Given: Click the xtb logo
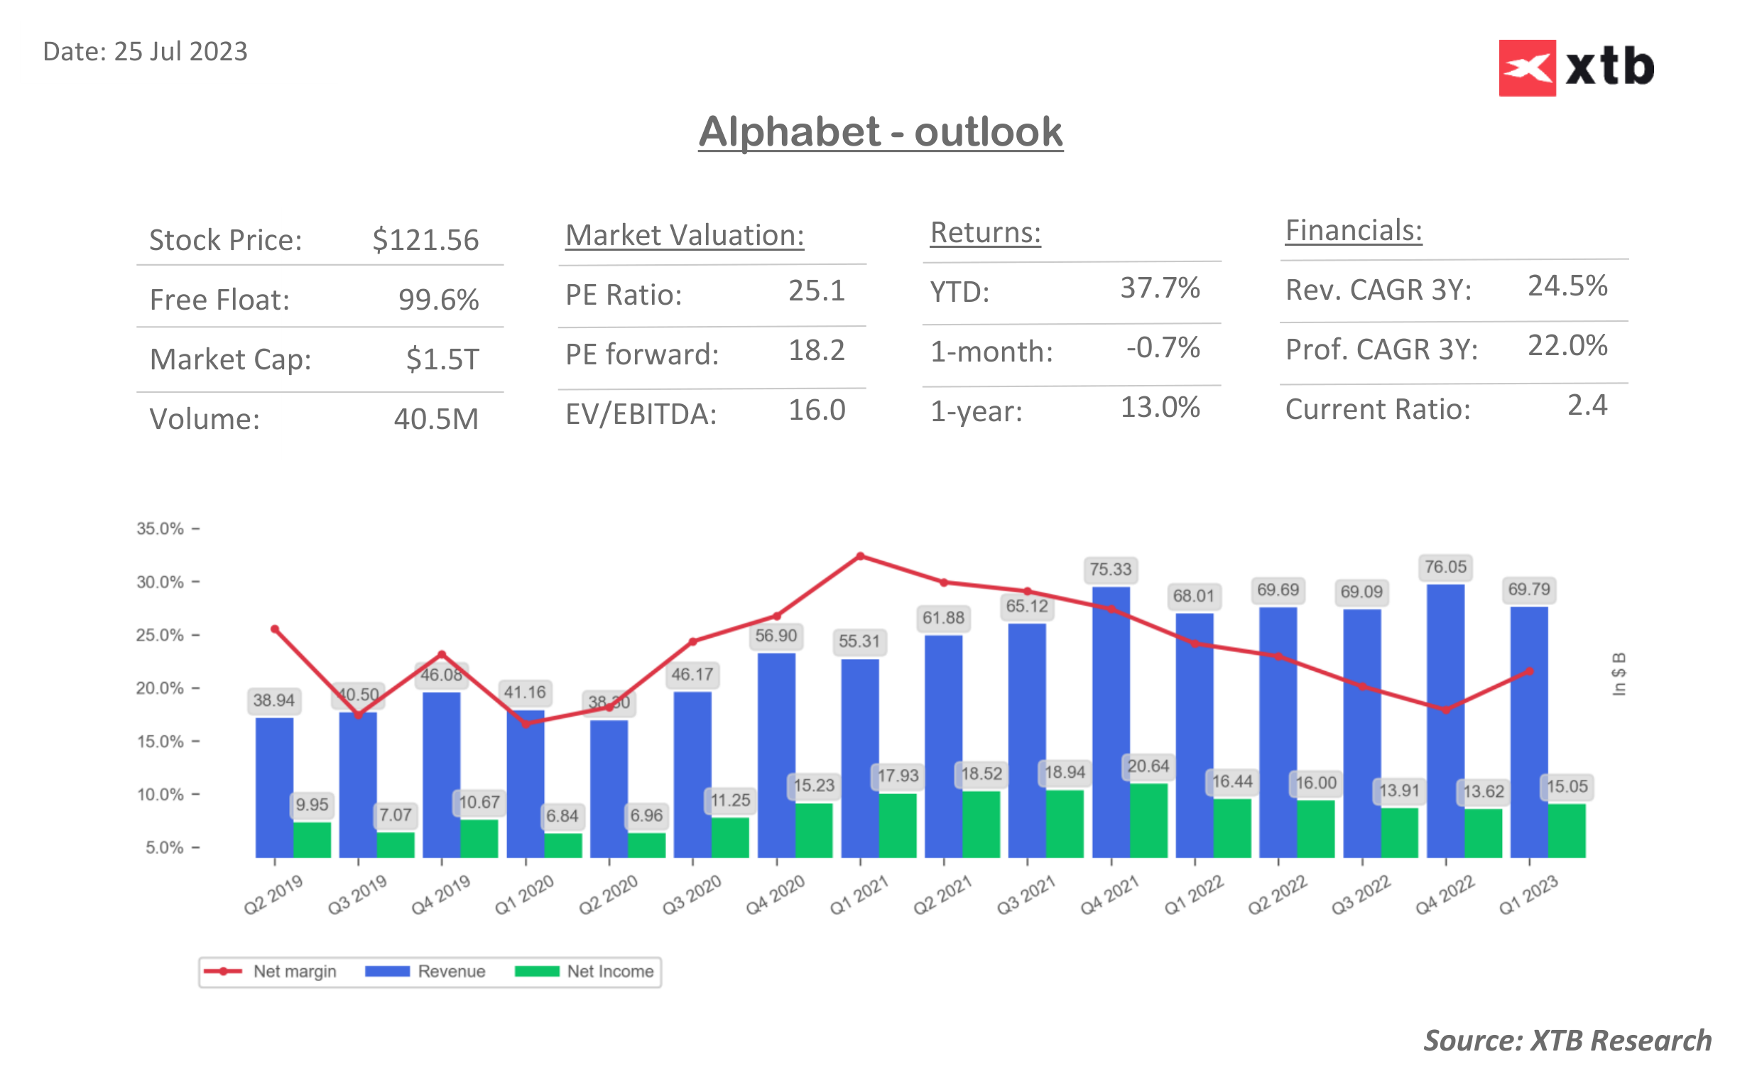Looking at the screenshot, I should tap(1575, 67).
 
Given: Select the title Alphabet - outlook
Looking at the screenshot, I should tap(880, 132).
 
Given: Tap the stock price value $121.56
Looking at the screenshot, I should tap(425, 239).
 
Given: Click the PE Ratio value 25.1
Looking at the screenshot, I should tap(816, 291).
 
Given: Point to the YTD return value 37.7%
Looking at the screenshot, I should tap(1159, 288).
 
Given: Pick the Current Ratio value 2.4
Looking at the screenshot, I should tap(1586, 406).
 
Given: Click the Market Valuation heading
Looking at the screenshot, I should tap(684, 235).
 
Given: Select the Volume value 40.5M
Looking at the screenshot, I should tap(435, 419).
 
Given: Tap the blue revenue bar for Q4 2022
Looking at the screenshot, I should tap(1445, 722).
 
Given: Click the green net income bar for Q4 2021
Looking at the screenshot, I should tap(1148, 820).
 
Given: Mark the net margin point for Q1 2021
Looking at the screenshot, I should tap(860, 556).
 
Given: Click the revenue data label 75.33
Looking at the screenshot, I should tap(1110, 570).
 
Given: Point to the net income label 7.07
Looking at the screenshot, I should tap(395, 815).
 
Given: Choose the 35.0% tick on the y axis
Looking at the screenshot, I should tap(160, 529).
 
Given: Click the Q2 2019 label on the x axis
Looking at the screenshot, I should tap(273, 895).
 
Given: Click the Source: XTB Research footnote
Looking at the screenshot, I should tap(1566, 1041).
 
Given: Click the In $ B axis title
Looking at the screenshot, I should tap(1619, 674).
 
